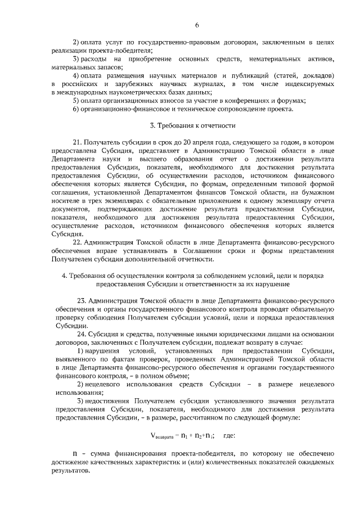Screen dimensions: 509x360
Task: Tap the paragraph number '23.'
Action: pos(80,301)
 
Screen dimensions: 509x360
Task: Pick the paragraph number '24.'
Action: pos(80,335)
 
